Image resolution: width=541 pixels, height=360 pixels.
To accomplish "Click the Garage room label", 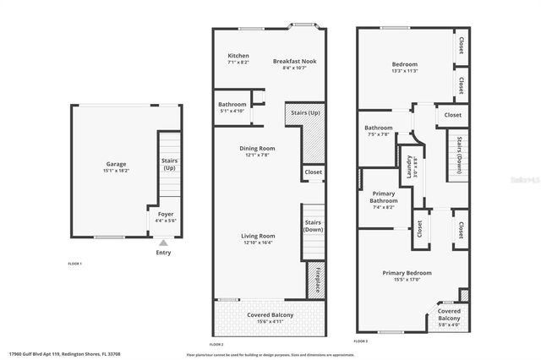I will point(115,166).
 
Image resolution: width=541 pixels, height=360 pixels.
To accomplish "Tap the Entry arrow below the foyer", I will point(163,243).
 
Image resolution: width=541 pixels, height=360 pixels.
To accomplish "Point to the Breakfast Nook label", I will point(294,61).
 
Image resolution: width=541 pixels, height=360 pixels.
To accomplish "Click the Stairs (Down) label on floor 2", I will point(314,226).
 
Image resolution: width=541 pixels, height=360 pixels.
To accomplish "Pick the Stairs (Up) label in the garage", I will point(169,164).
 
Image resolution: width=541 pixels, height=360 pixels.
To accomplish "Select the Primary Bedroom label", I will point(407,273).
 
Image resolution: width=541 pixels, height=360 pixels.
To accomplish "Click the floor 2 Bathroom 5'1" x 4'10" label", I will point(232,107).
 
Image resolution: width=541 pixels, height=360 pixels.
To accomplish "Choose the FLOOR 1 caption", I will point(75,264).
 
